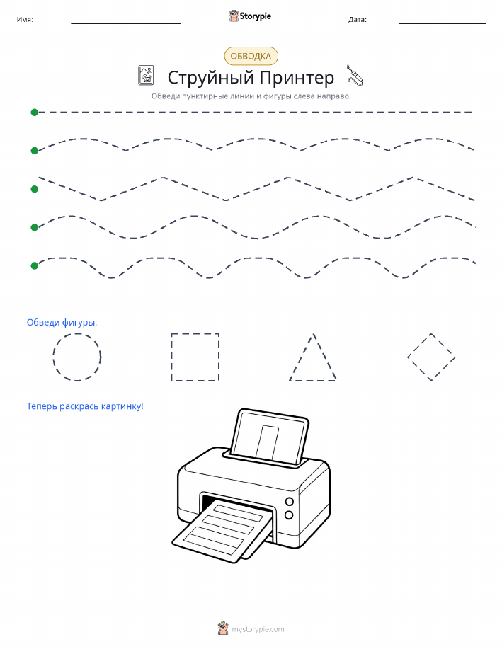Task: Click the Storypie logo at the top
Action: coord(250,16)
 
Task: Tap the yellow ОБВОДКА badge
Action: coord(251,57)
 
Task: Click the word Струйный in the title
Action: coord(210,78)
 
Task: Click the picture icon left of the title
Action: coord(146,75)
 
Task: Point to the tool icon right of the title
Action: coord(355,75)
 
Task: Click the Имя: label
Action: coord(25,19)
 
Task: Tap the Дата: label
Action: coord(358,19)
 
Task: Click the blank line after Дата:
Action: coord(443,23)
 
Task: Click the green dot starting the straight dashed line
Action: coord(35,112)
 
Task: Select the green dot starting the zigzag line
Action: coord(35,189)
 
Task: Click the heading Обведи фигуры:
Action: coord(62,323)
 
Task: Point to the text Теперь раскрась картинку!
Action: coord(85,406)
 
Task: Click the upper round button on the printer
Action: coord(290,502)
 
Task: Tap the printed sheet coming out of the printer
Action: coord(223,531)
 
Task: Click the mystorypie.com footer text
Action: coord(258,630)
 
